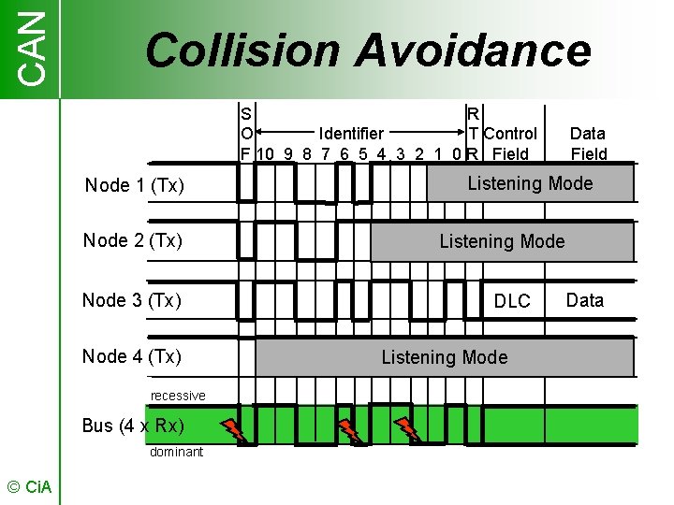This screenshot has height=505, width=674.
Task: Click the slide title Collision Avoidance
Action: (368, 50)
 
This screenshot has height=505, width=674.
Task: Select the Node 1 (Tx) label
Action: (134, 185)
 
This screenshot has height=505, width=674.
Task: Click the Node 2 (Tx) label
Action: (132, 240)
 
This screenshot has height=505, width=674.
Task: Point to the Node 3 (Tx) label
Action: (131, 300)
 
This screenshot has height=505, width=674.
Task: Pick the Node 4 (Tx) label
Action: (131, 356)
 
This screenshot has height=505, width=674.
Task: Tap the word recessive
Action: (178, 396)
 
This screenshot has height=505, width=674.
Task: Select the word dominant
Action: (176, 452)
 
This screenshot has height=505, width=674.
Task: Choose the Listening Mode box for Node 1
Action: (530, 183)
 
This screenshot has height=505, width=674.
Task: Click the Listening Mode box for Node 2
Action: (502, 241)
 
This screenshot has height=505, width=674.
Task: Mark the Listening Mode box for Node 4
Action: (444, 357)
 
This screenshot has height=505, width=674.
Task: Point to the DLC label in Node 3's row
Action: (512, 301)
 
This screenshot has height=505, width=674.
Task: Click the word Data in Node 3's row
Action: (585, 300)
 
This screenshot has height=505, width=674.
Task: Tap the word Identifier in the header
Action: (351, 134)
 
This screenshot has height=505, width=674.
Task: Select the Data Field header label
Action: (588, 144)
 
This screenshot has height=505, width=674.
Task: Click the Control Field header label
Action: (510, 144)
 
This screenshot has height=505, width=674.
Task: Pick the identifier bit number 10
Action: (264, 154)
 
